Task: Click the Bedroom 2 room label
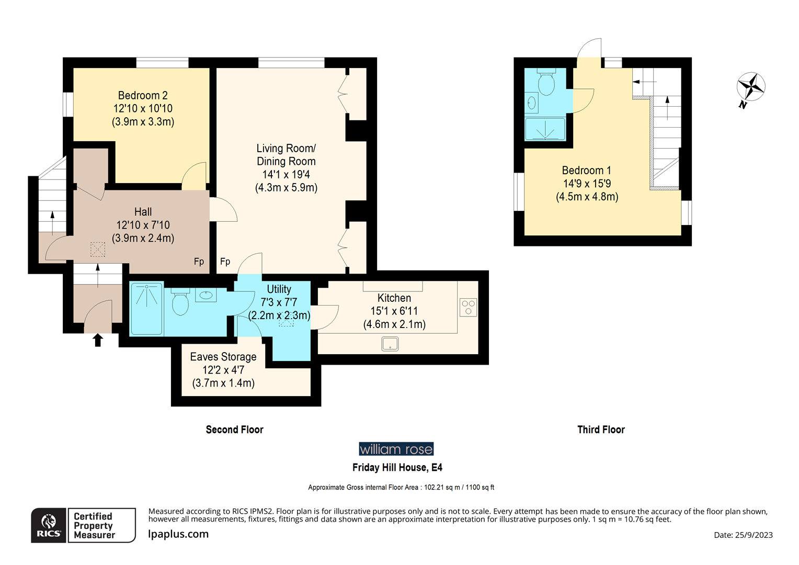(143, 96)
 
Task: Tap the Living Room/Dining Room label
(286, 155)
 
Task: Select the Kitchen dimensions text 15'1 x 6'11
(394, 311)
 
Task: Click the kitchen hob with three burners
(468, 307)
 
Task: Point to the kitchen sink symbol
(390, 344)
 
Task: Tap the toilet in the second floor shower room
(180, 302)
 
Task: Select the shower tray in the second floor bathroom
(146, 309)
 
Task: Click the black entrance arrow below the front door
(98, 341)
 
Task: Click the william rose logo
(396, 449)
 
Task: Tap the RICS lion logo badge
(49, 525)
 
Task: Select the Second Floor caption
(234, 430)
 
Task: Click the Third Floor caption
(601, 430)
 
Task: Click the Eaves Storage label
(223, 357)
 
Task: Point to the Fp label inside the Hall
(199, 262)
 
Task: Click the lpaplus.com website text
(178, 534)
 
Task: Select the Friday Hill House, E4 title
(397, 467)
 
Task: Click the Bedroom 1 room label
(586, 171)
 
